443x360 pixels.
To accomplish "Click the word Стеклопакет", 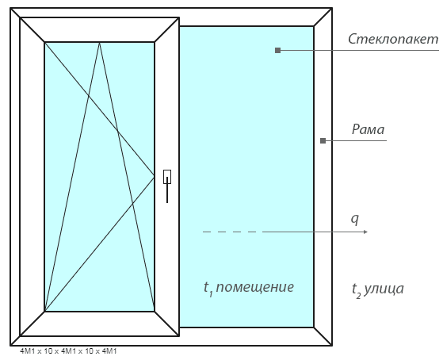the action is pyautogui.click(x=393, y=39).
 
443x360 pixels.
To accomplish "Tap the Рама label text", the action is pyautogui.click(x=368, y=129).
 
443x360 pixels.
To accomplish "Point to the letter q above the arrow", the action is pyautogui.click(x=355, y=219).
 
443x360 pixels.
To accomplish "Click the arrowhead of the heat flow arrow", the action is pyautogui.click(x=365, y=232).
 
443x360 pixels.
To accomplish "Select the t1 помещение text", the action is pyautogui.click(x=249, y=288).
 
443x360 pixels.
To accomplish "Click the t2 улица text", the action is pyautogui.click(x=378, y=289).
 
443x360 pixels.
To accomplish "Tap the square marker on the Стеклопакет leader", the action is pyautogui.click(x=277, y=50).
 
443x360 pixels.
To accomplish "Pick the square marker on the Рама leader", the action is pyautogui.click(x=323, y=140).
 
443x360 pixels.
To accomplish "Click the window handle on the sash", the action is pyautogui.click(x=167, y=186).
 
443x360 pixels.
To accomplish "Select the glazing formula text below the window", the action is pyautogui.click(x=68, y=351).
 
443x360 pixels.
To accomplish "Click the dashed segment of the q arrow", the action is pyautogui.click(x=230, y=232).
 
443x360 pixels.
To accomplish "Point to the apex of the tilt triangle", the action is pyautogui.click(x=99, y=42).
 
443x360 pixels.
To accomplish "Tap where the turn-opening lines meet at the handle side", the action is pyautogui.click(x=155, y=177).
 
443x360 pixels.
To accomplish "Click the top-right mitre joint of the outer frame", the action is pyautogui.click(x=323, y=17).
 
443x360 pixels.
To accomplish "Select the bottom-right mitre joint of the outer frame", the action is pyautogui.click(x=323, y=336).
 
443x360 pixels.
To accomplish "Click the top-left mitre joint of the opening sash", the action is pyautogui.click(x=32, y=29).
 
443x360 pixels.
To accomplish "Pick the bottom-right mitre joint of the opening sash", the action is pyautogui.click(x=166, y=324).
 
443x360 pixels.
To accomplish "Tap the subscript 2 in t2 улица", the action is pyautogui.click(x=358, y=296).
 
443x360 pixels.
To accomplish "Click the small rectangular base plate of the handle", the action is pyautogui.click(x=167, y=177).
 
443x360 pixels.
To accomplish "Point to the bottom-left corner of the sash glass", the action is pyautogui.click(x=44, y=312).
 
